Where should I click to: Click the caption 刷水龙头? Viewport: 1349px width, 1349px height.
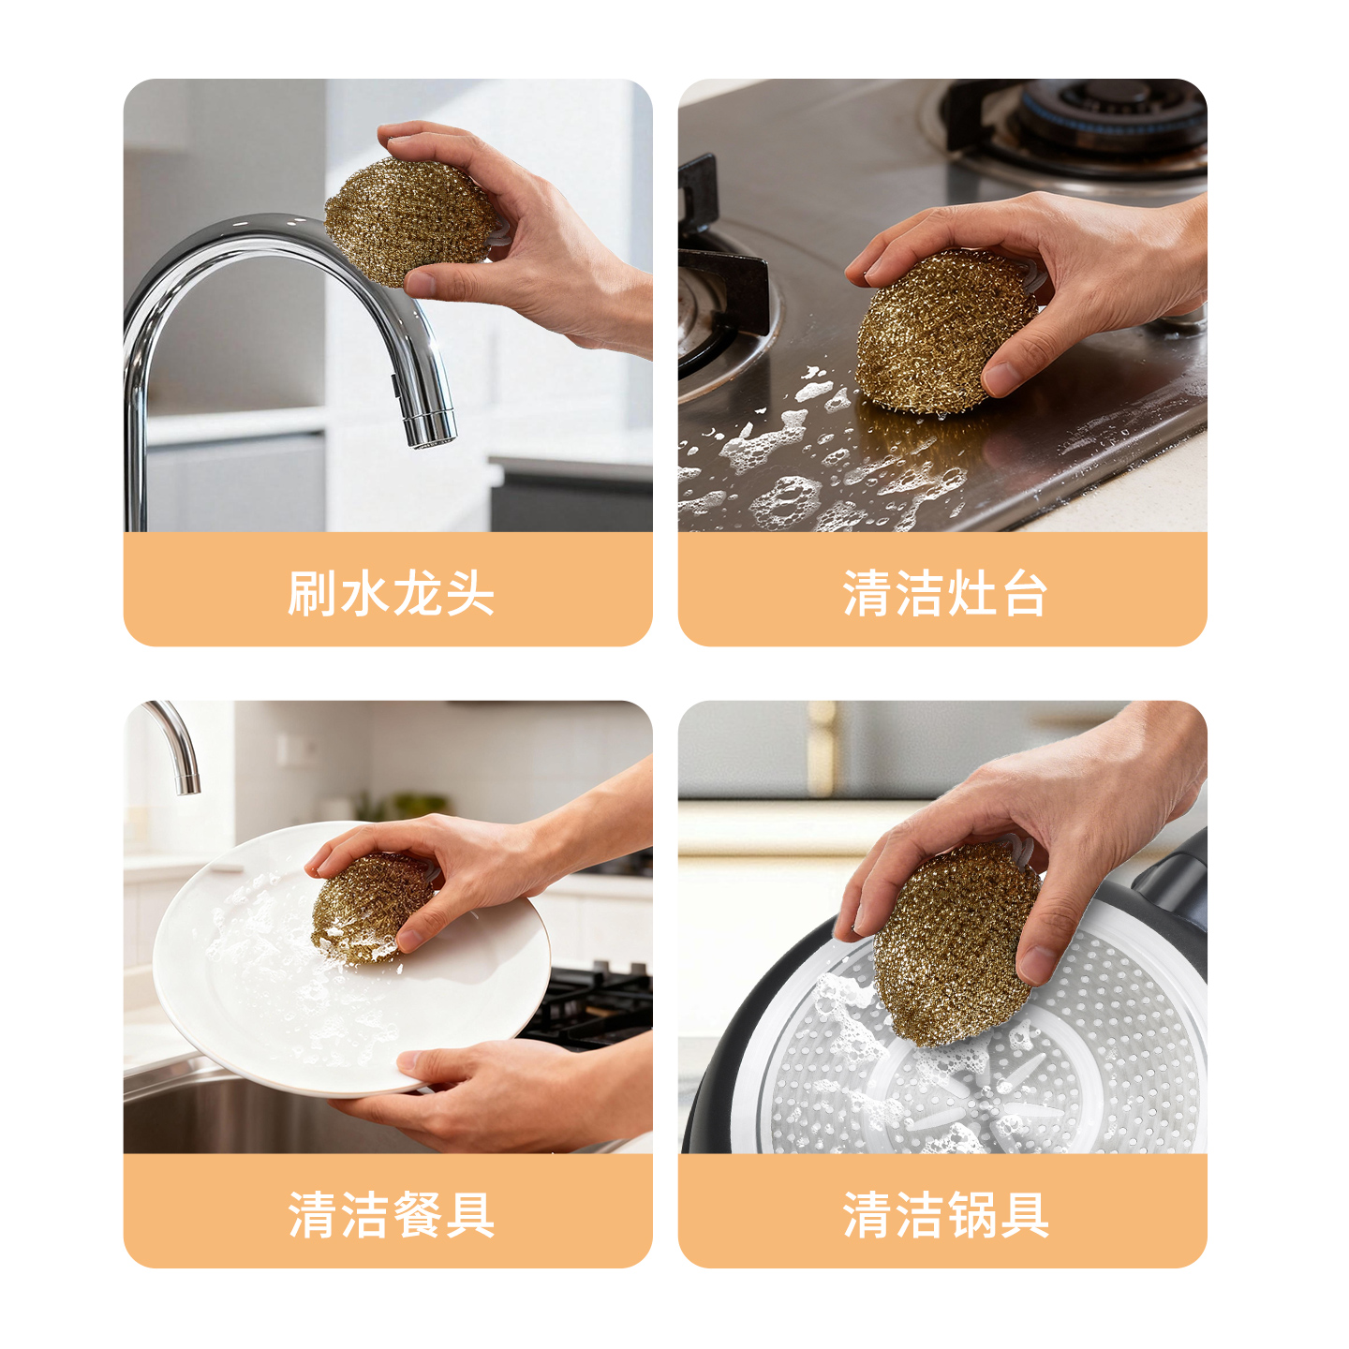pos(390,594)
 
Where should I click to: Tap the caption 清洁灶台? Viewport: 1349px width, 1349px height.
pos(944,594)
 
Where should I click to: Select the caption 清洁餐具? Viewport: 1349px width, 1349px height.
pos(390,1215)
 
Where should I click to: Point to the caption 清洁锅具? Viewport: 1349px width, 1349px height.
pos(944,1215)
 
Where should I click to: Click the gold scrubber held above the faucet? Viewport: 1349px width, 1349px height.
pos(409,220)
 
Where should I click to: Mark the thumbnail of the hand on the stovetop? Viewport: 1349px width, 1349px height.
pos(1002,378)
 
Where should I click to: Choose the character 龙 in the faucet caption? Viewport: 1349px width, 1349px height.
pos(417,594)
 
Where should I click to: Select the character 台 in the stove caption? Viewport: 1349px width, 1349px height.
pos(1023,594)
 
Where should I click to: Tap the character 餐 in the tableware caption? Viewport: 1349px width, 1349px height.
pos(417,1215)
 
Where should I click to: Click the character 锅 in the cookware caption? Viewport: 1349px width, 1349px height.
pos(971,1215)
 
